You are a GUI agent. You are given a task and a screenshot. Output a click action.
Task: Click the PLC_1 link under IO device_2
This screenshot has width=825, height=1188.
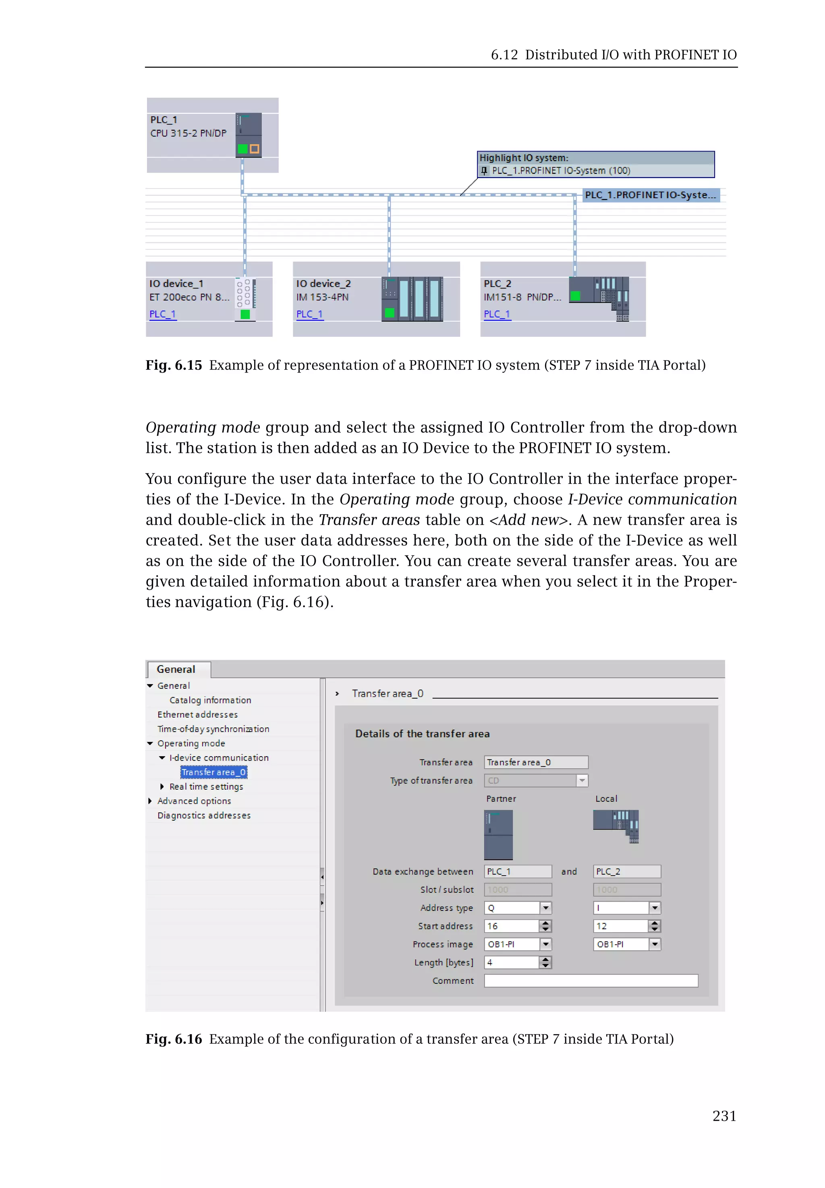[310, 314]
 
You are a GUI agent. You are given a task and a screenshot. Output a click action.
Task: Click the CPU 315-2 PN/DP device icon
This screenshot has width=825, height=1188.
[249, 135]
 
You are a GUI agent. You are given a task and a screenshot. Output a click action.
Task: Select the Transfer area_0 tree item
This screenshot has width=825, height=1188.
[214, 772]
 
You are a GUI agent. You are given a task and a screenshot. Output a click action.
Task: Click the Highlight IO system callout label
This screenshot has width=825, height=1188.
[524, 158]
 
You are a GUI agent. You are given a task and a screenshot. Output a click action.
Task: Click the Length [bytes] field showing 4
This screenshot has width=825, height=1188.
[511, 962]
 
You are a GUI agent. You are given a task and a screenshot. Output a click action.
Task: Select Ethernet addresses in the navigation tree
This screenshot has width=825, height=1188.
[197, 715]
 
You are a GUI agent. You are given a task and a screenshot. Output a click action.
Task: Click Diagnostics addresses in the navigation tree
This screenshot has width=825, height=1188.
[204, 815]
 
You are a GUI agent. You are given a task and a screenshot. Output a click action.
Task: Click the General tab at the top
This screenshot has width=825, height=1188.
[176, 669]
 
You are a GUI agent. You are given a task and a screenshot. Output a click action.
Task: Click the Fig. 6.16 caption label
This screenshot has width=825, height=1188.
[174, 1039]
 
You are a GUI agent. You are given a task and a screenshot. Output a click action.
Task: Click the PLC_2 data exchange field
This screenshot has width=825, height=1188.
[626, 872]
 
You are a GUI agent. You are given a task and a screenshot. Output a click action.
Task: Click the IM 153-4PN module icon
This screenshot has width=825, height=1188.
[412, 299]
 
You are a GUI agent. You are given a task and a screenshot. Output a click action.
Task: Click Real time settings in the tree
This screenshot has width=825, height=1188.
[206, 786]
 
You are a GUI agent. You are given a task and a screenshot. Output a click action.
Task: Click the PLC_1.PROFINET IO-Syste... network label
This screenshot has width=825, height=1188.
[650, 195]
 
